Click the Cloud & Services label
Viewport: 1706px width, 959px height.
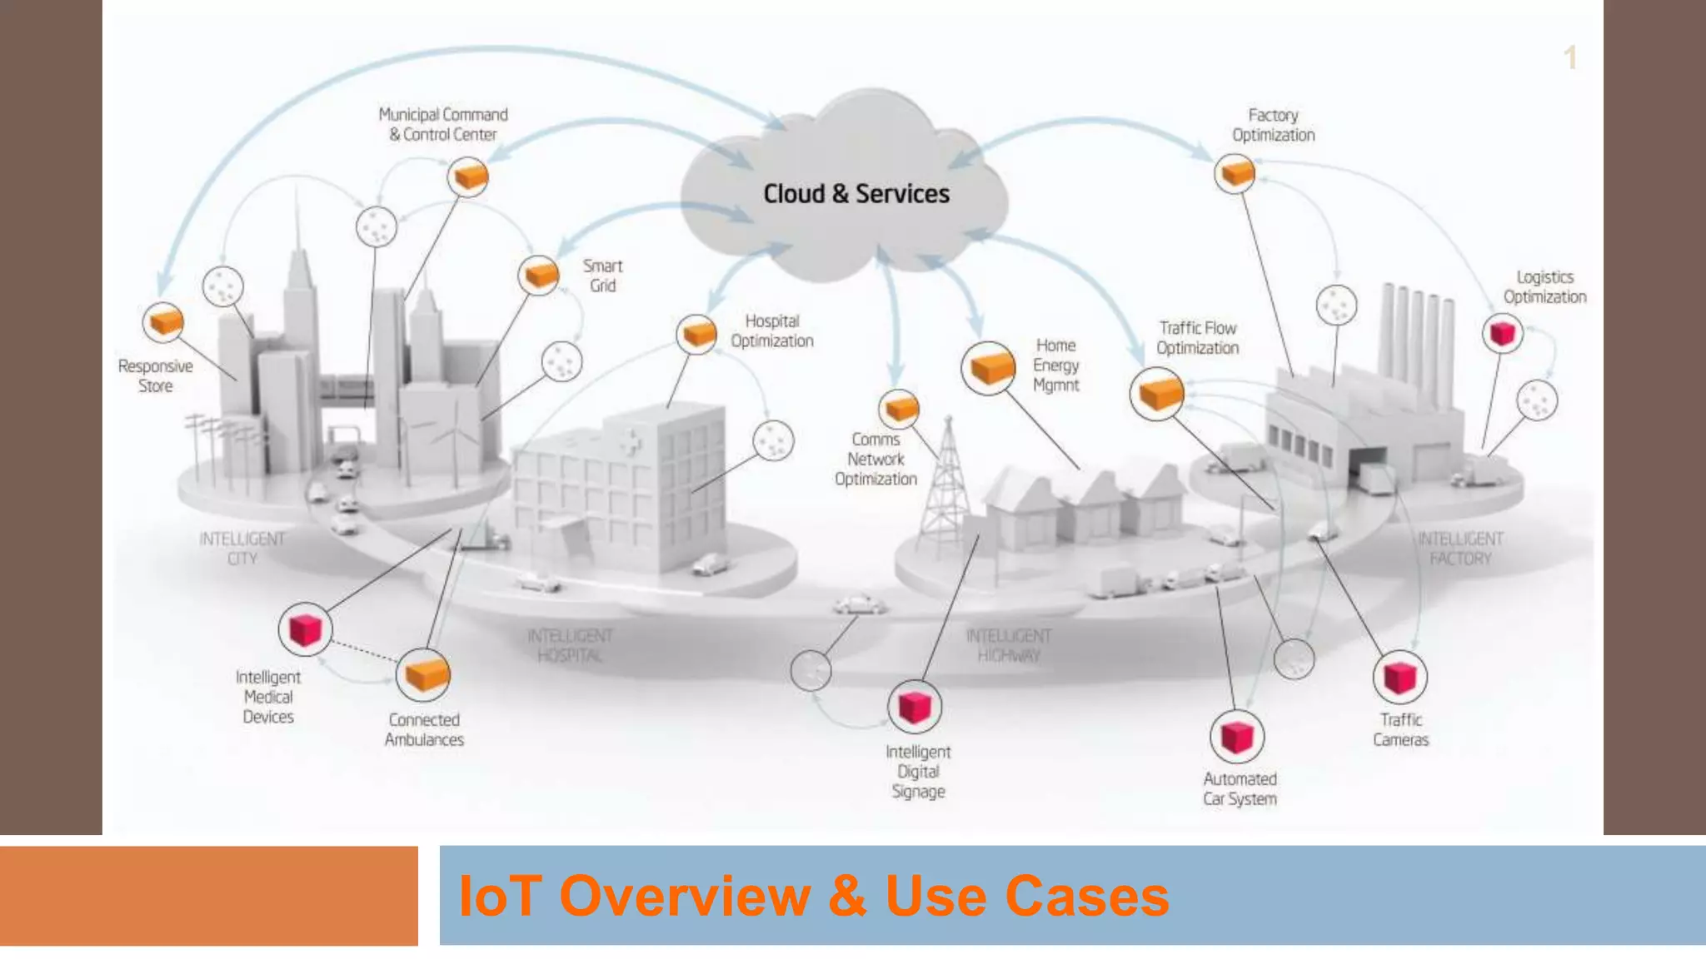click(x=855, y=194)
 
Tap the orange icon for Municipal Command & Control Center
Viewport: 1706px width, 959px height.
click(x=468, y=176)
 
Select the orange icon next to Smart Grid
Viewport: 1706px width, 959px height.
click(x=539, y=275)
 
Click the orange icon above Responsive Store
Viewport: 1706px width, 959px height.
click(x=163, y=322)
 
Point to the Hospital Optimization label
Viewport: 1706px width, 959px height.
click(x=771, y=331)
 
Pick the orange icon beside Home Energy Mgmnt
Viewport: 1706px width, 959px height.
click(x=989, y=368)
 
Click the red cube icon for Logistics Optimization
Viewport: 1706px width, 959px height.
click(x=1502, y=334)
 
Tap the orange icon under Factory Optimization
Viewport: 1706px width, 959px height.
click(x=1235, y=173)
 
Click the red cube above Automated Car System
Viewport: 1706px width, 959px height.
click(x=1236, y=737)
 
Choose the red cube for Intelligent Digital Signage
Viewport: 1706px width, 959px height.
click(x=915, y=708)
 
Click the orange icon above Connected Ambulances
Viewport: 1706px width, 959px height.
click(x=424, y=675)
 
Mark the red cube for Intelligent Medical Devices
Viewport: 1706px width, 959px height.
click(x=305, y=629)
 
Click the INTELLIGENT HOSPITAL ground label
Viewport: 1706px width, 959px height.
click(x=570, y=645)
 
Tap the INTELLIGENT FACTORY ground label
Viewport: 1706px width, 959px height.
click(x=1460, y=549)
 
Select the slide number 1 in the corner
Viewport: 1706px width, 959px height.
click(x=1569, y=58)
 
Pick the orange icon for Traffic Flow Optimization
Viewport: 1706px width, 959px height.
click(x=1158, y=393)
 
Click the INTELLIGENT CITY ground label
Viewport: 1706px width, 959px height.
click(x=242, y=549)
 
